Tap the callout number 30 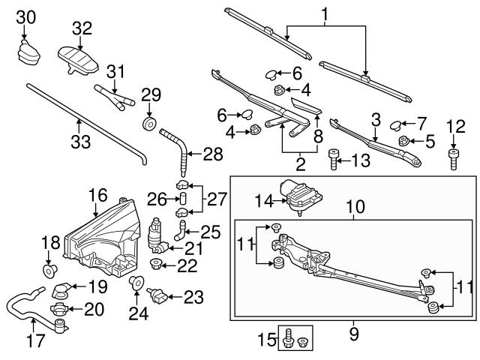(25, 16)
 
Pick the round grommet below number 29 (148, 122)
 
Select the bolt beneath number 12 (454, 158)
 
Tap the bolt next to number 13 (334, 159)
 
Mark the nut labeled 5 (404, 140)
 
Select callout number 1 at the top (325, 13)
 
